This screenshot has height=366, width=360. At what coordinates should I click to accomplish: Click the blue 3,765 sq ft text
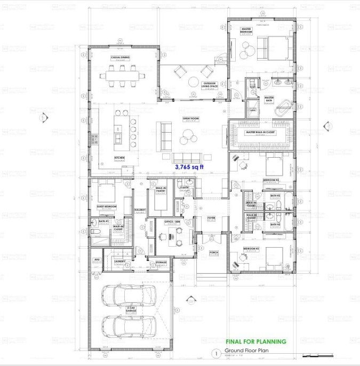click(x=190, y=167)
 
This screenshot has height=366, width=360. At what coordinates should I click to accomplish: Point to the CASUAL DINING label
click(x=121, y=57)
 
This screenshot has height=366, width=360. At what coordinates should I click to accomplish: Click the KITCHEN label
click(x=119, y=158)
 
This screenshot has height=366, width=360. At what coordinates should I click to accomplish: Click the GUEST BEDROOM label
click(x=107, y=206)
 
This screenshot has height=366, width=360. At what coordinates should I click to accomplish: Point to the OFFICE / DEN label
click(x=172, y=221)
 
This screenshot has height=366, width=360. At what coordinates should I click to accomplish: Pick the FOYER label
click(x=211, y=218)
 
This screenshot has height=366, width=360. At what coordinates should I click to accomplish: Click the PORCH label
click(x=213, y=252)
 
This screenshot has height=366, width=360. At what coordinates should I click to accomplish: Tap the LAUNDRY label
click(x=119, y=262)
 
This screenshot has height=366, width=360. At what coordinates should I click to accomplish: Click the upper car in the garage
click(x=129, y=294)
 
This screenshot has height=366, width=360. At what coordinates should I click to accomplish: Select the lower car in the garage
click(x=129, y=326)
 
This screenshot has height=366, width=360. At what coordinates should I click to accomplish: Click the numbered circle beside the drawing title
click(x=215, y=352)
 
